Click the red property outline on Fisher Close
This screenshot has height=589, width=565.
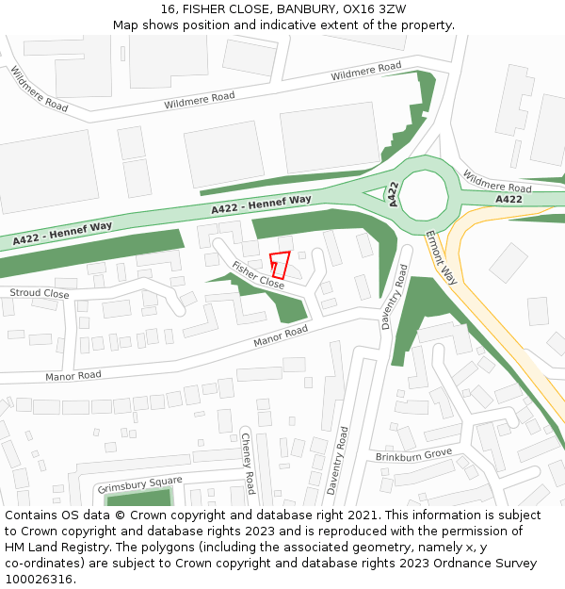point(280,265)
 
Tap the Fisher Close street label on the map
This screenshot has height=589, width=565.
point(258,274)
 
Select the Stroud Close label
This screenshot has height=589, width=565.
point(40,294)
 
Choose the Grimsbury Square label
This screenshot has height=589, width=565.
point(140,483)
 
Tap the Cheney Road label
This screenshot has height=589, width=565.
point(248,463)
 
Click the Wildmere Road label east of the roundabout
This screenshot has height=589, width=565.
point(497,182)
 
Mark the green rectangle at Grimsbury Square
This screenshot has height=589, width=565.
point(139,498)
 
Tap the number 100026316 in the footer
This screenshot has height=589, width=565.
point(39,579)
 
